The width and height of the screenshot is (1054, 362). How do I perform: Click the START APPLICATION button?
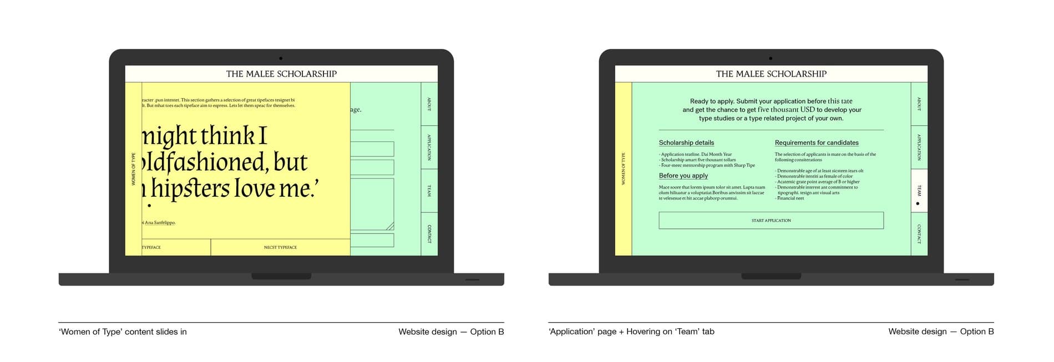[771, 221]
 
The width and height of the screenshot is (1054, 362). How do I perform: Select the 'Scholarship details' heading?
[686, 143]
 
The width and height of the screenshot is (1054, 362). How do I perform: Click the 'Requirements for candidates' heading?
[817, 143]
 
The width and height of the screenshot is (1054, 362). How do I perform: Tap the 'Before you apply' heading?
[683, 176]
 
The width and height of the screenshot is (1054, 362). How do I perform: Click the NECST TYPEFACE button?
[280, 247]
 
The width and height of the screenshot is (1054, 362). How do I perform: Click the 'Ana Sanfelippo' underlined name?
[160, 223]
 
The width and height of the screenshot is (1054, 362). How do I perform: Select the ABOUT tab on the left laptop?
[429, 104]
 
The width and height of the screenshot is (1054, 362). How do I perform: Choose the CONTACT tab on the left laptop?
[429, 233]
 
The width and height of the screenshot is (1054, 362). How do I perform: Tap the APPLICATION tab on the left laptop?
[429, 147]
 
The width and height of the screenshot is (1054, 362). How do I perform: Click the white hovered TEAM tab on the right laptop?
[919, 190]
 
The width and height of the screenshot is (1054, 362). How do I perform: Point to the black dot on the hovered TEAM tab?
[918, 203]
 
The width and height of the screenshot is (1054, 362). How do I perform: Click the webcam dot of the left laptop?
[281, 58]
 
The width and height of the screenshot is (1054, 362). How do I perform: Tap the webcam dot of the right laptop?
[771, 58]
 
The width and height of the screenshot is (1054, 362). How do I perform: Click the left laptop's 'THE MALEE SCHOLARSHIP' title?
[281, 74]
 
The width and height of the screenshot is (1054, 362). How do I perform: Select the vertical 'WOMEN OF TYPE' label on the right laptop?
[623, 169]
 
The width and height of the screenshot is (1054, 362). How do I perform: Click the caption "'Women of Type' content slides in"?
[123, 332]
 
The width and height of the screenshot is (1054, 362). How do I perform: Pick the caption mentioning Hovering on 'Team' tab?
[631, 332]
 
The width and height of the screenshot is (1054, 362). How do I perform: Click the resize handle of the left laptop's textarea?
[390, 226]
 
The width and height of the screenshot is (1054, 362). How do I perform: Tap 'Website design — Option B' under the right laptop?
[941, 332]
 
